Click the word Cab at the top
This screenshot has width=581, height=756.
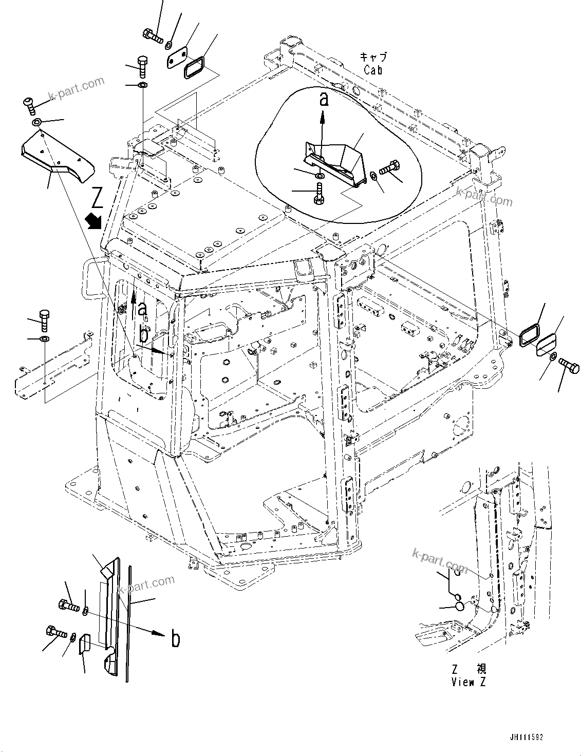[373, 70]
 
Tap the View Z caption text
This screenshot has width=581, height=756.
[468, 682]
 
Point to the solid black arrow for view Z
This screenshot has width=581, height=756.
[96, 221]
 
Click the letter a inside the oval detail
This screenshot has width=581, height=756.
[324, 99]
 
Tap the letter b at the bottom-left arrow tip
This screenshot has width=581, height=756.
[176, 639]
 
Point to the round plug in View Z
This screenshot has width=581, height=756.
[460, 607]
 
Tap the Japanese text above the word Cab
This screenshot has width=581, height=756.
[373, 58]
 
